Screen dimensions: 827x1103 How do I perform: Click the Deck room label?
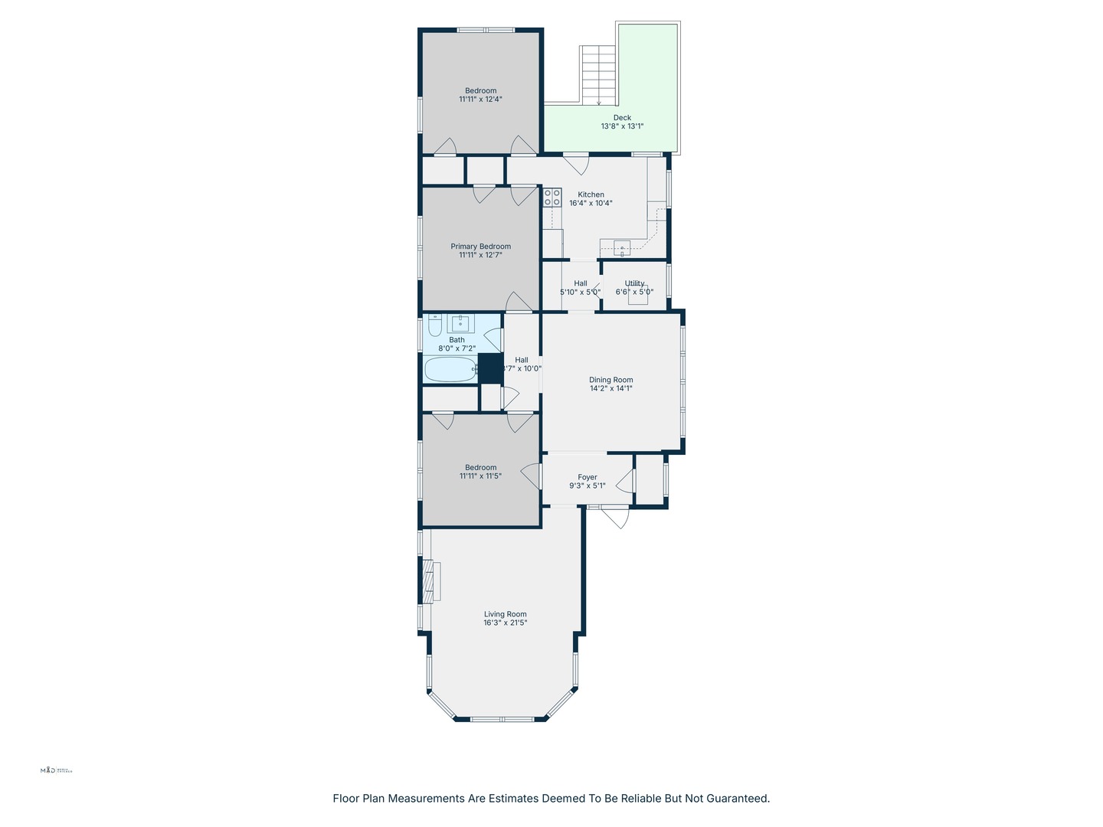pyautogui.click(x=622, y=118)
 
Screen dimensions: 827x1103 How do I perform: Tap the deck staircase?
pyautogui.click(x=599, y=75)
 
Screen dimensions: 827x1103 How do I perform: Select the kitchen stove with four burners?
pyautogui.click(x=551, y=198)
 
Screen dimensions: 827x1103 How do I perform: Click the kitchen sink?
pyautogui.click(x=622, y=247)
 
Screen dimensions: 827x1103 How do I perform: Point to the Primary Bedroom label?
pyautogui.click(x=480, y=247)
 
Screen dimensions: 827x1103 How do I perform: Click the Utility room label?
pyautogui.click(x=634, y=283)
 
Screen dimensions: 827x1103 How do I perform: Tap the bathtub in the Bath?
pyautogui.click(x=450, y=370)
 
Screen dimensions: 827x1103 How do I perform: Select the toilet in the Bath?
pyautogui.click(x=434, y=328)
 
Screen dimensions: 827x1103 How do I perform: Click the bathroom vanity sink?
pyautogui.click(x=461, y=324)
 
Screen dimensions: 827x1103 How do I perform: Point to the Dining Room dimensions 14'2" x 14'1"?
pyautogui.click(x=610, y=388)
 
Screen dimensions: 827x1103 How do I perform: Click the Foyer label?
pyautogui.click(x=588, y=477)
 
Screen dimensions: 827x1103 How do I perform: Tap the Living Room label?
pyautogui.click(x=505, y=614)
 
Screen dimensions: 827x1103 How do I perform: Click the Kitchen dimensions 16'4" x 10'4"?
pyautogui.click(x=591, y=204)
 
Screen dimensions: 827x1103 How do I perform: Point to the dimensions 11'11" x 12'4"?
pyautogui.click(x=480, y=100)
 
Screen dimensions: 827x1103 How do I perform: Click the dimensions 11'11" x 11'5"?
pyautogui.click(x=480, y=476)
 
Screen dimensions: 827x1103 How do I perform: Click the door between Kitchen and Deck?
pyautogui.click(x=576, y=162)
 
